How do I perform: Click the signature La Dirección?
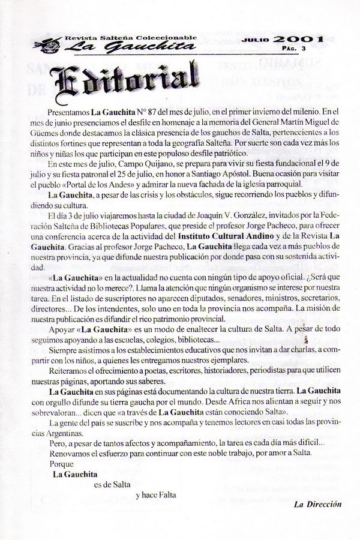tap(317, 504)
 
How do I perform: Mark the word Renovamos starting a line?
tap(69, 452)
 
